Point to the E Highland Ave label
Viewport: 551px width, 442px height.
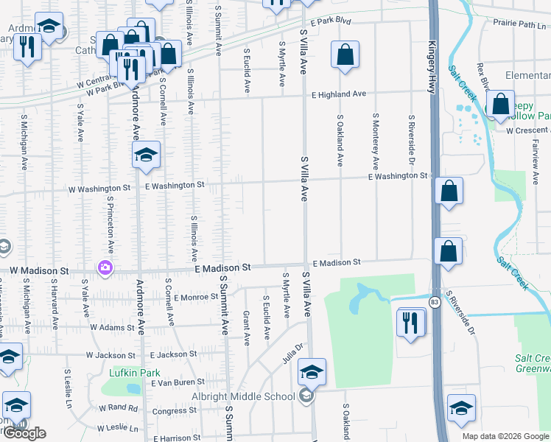point(338,94)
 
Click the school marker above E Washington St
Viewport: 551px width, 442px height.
point(147,155)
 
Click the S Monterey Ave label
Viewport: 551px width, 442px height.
point(376,142)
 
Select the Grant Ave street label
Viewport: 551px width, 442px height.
point(247,328)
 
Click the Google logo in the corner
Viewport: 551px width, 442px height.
point(24,433)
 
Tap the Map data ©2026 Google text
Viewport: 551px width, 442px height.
point(505,436)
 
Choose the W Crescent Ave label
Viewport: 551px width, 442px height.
point(527,130)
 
